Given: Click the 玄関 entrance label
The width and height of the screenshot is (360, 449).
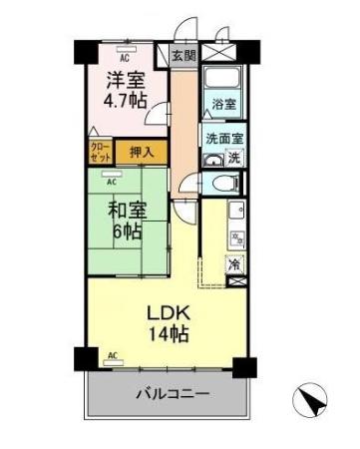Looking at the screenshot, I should pyautogui.click(x=182, y=56).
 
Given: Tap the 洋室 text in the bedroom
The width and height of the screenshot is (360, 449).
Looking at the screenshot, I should pyautogui.click(x=127, y=78).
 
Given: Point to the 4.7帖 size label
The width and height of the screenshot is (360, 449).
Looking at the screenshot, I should pyautogui.click(x=127, y=100).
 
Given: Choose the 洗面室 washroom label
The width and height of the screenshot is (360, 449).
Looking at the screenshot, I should pyautogui.click(x=223, y=139).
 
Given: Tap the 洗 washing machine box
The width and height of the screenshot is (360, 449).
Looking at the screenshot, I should pyautogui.click(x=234, y=157).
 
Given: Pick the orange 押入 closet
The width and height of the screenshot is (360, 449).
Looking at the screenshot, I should pyautogui.click(x=143, y=152).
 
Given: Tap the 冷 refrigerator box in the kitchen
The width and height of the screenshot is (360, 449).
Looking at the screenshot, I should pyautogui.click(x=234, y=265).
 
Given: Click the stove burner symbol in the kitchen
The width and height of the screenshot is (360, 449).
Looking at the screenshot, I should pyautogui.click(x=236, y=238).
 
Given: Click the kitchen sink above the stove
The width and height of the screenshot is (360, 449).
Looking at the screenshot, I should pyautogui.click(x=235, y=212).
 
